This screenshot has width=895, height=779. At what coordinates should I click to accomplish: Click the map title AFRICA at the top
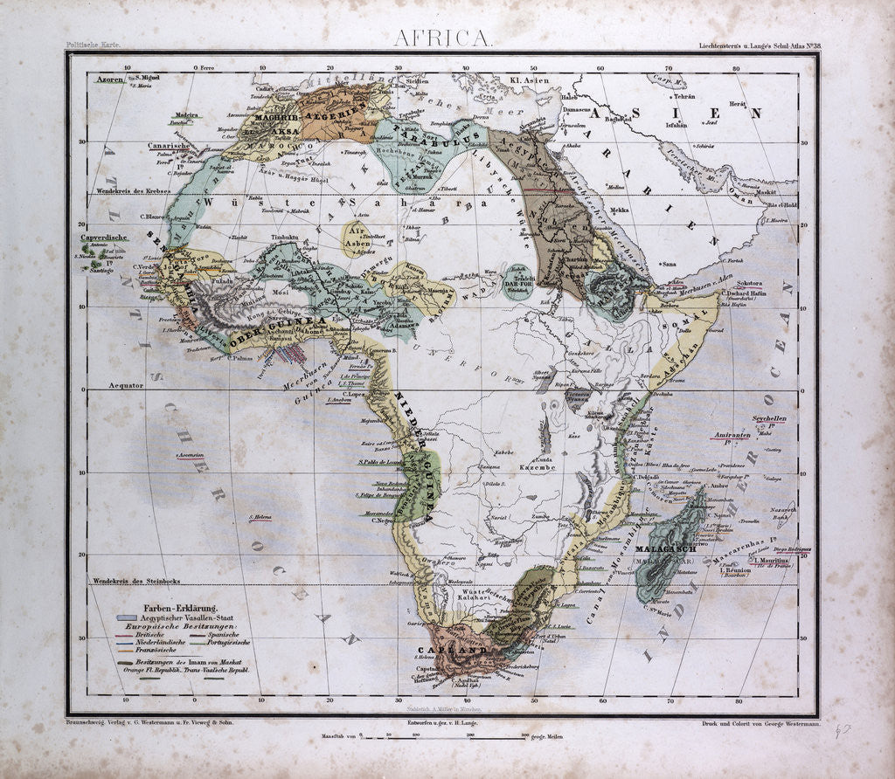[x=443, y=38]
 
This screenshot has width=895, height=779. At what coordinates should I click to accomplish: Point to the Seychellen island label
[x=763, y=418]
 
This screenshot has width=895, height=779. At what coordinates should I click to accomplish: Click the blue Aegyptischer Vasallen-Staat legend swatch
[x=128, y=618]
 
